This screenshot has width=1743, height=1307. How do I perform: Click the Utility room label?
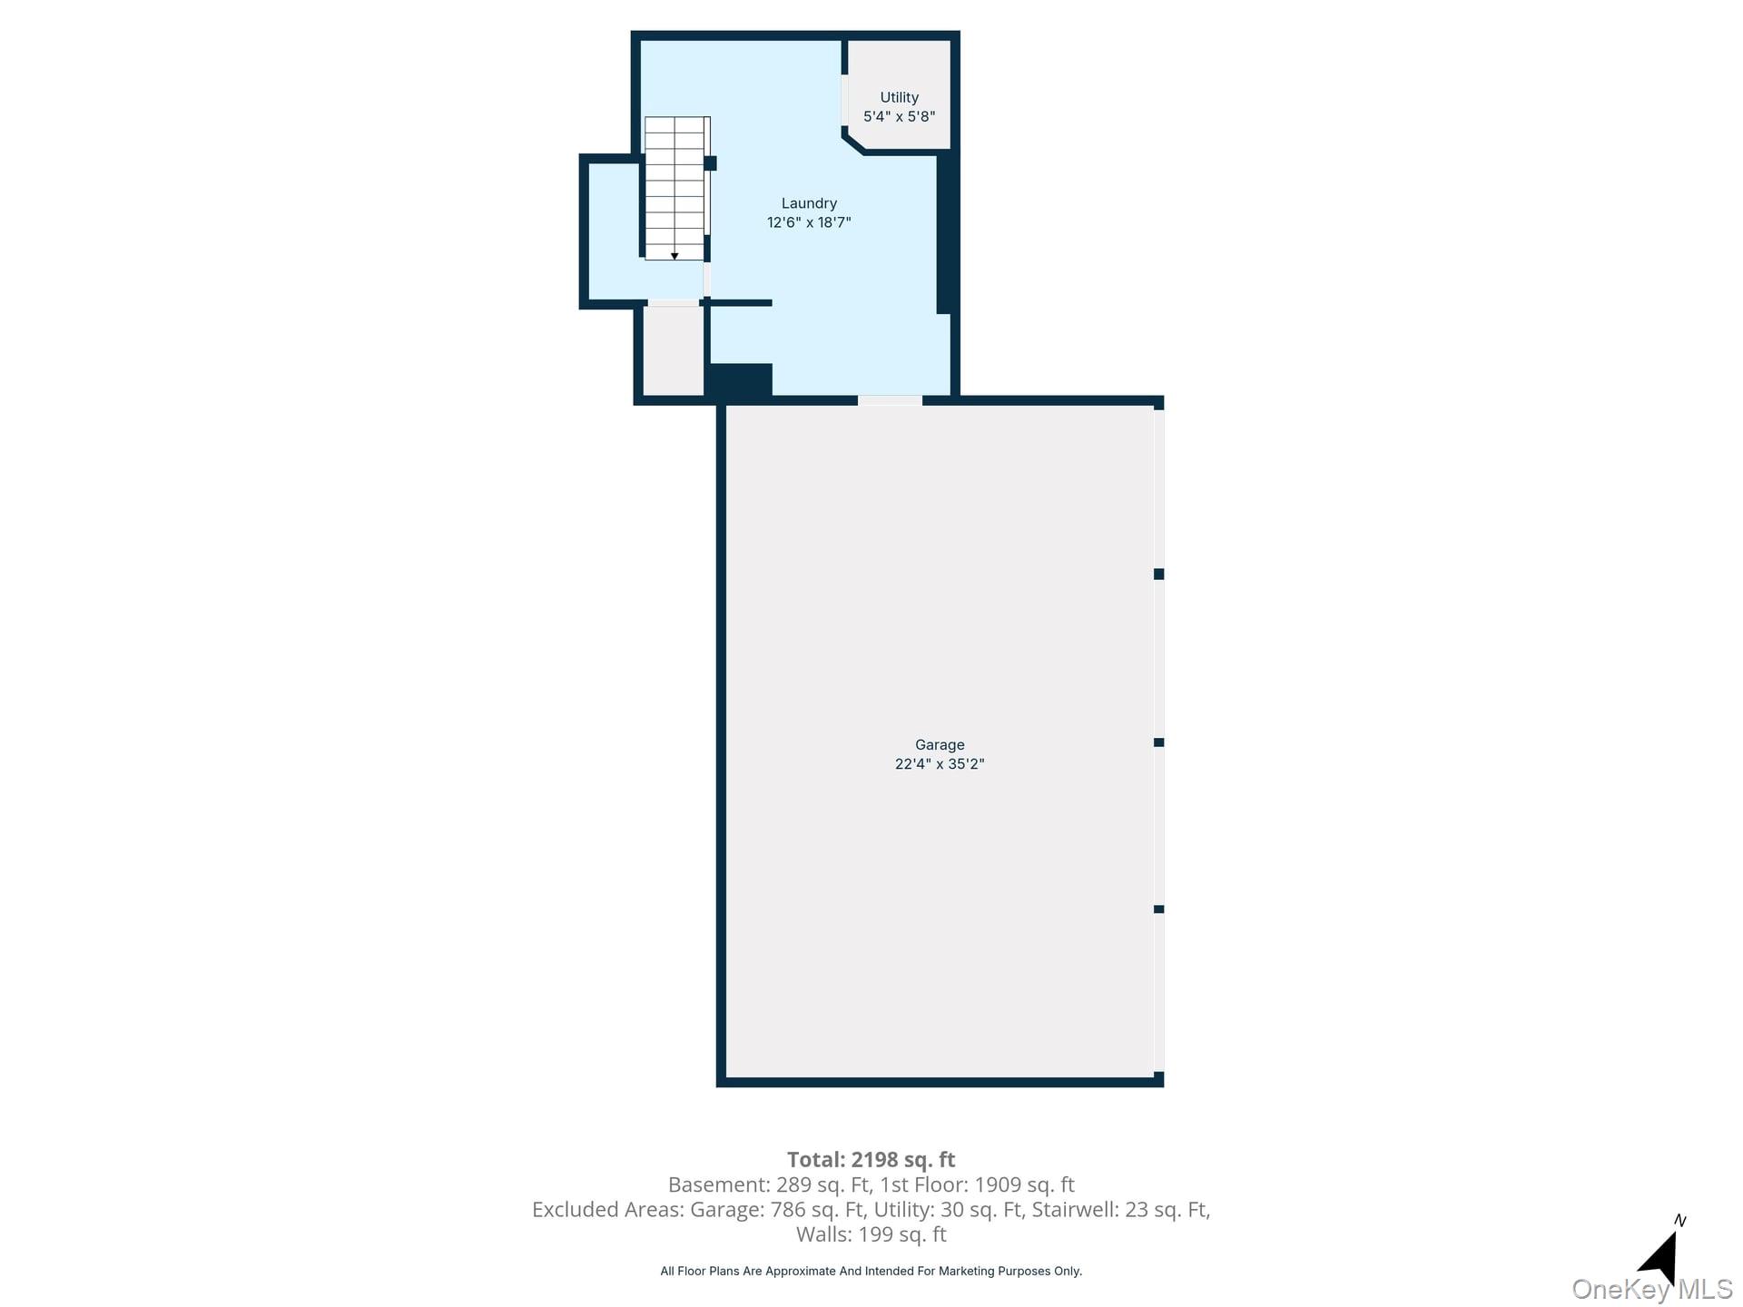point(899,97)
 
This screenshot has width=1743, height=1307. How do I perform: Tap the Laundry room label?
point(809,203)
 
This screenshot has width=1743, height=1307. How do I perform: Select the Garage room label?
point(940,744)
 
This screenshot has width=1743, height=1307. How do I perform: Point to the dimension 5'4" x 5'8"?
point(899,116)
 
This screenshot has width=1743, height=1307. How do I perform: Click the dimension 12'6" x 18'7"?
point(809,222)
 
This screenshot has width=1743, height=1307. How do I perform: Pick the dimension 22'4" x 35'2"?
point(940,764)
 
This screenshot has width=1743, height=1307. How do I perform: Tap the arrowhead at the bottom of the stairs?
point(675,256)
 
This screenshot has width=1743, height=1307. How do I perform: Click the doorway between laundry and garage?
point(890,400)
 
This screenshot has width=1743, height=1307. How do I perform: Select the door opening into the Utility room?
point(844,100)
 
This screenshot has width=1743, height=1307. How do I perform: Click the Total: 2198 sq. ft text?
point(871,1159)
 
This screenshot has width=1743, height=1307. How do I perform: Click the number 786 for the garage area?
point(788,1209)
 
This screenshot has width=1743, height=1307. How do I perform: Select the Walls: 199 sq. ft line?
point(871,1234)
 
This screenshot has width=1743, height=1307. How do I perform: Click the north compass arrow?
point(1661,1257)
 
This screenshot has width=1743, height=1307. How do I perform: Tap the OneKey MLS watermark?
point(1651,1289)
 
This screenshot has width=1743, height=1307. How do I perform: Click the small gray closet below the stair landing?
point(673,351)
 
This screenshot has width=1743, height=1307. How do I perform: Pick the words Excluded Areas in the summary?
point(606,1209)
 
